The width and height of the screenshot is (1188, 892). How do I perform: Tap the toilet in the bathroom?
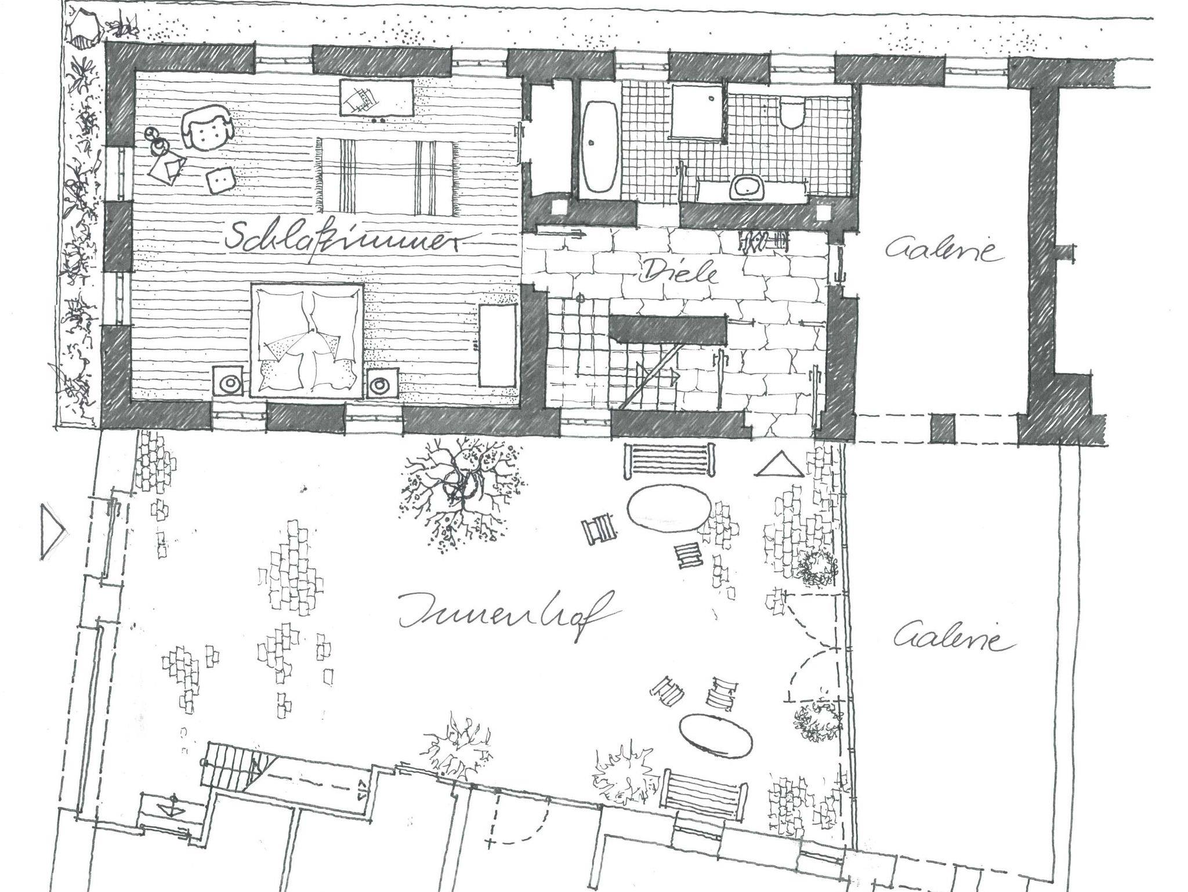[x=791, y=114]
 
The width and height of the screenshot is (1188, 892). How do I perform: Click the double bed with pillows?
[x=306, y=339]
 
